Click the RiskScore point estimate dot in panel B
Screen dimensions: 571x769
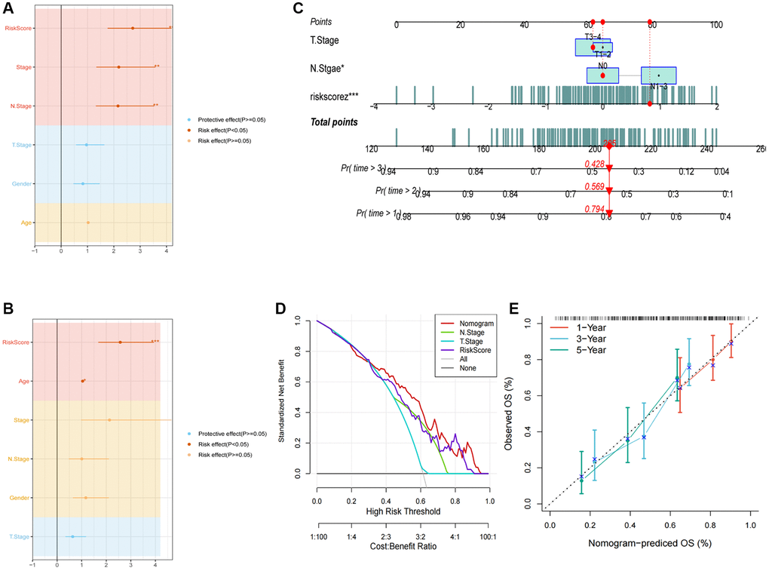point(120,342)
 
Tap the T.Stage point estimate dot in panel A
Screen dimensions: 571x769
point(87,144)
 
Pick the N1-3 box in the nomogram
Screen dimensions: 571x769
point(658,75)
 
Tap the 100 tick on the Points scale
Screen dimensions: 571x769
point(716,25)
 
